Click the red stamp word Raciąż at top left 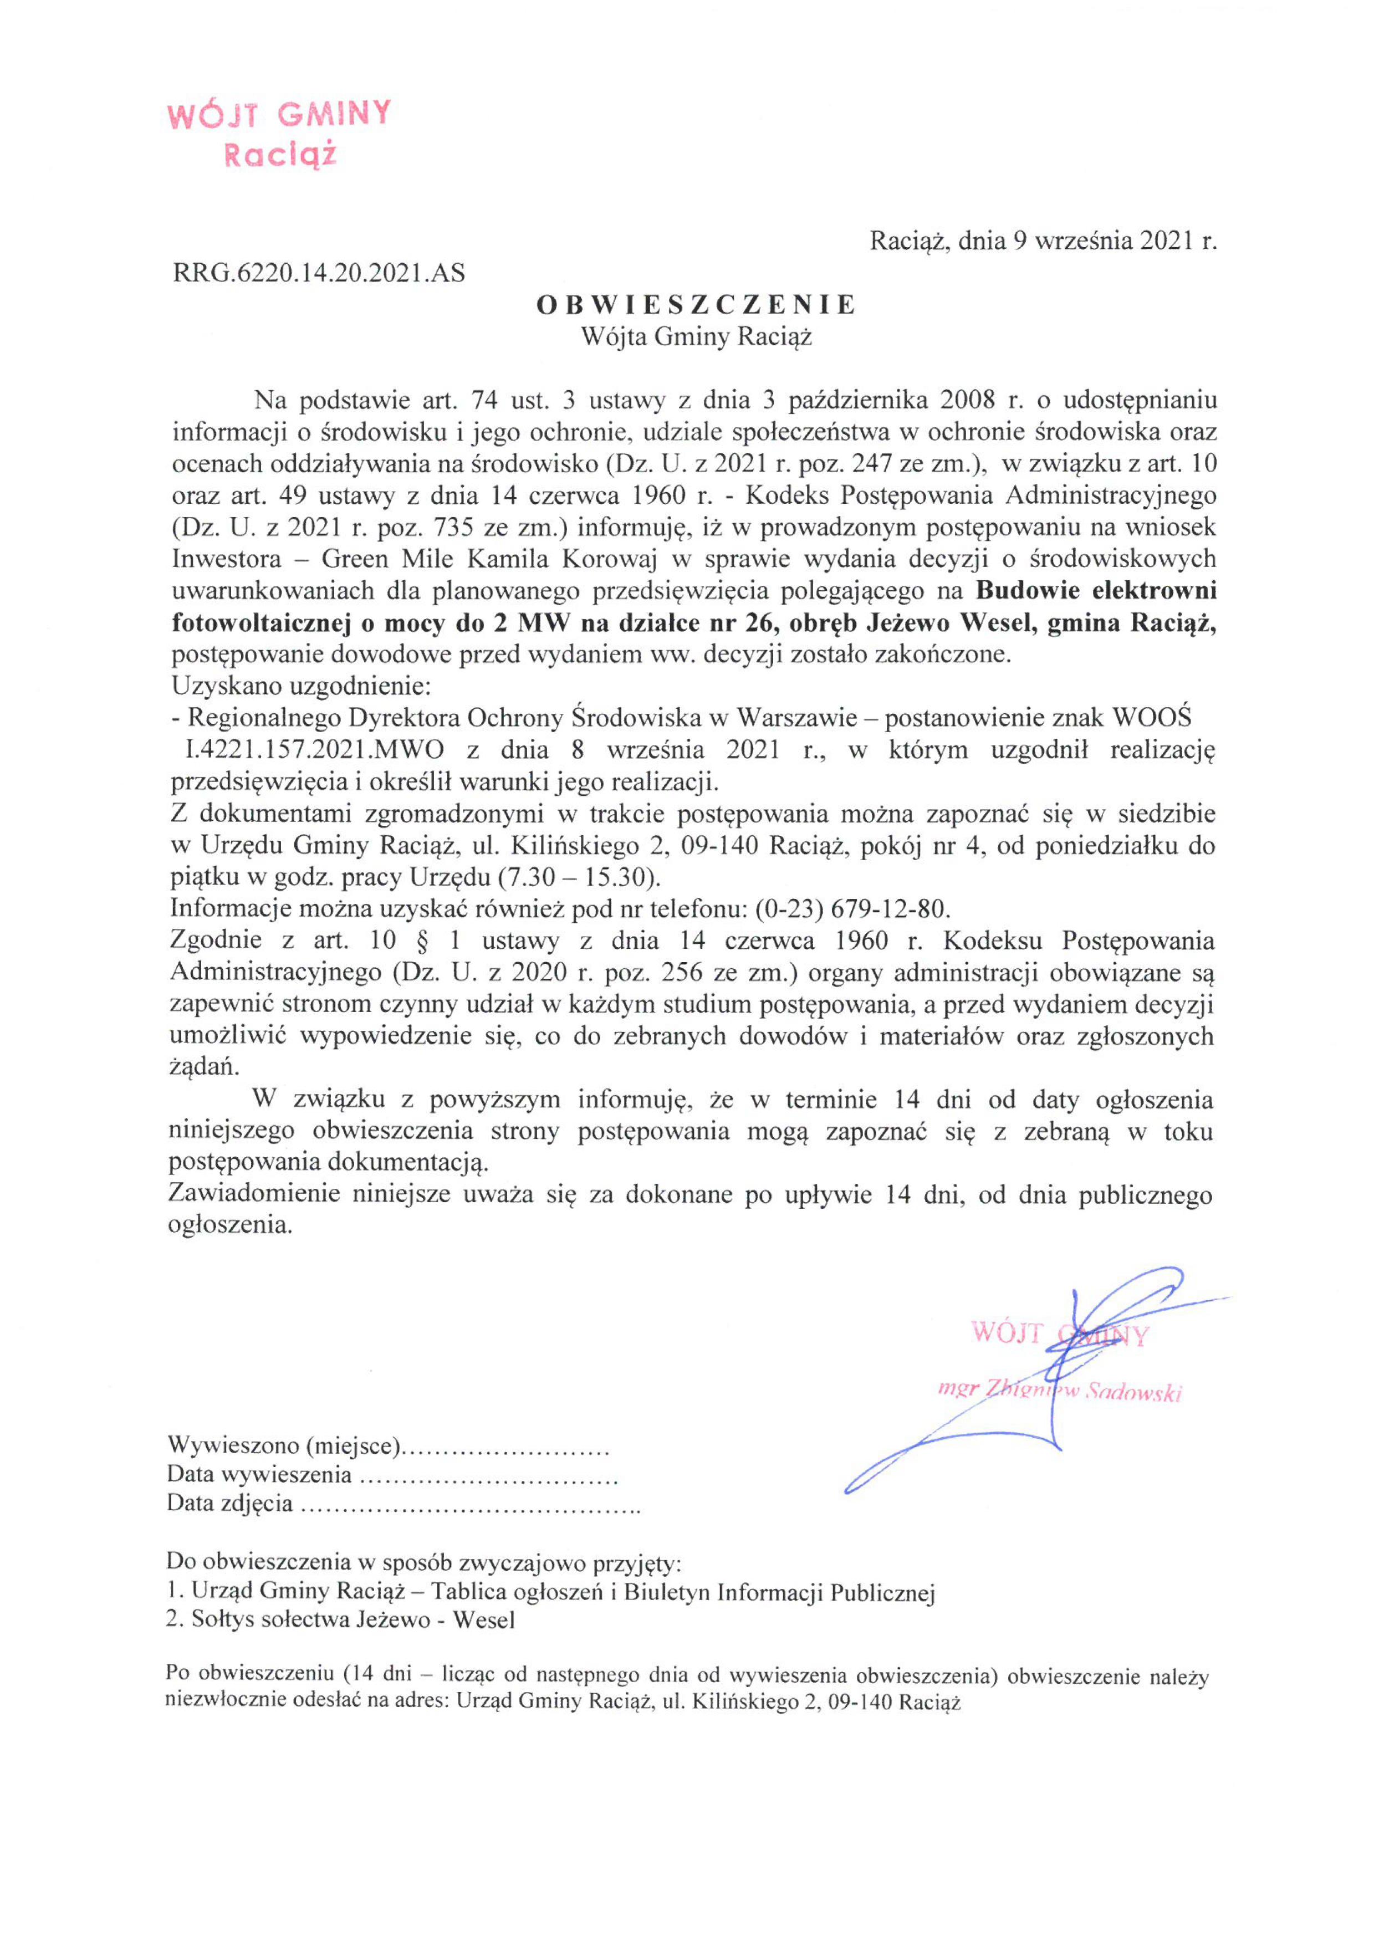tap(279, 155)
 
